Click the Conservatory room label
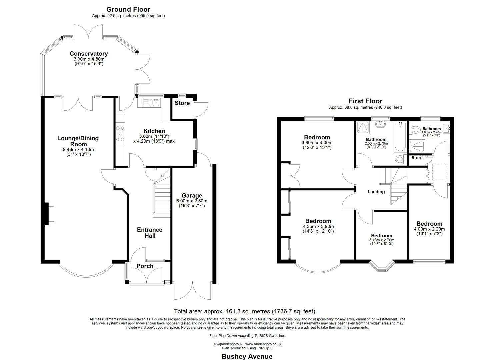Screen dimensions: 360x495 tap(88, 54)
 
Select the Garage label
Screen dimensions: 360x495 tap(192, 196)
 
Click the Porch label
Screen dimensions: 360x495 tap(145, 266)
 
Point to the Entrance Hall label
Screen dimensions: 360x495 tap(150, 233)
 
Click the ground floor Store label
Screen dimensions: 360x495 tap(182, 103)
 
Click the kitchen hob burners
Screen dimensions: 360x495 tap(120, 134)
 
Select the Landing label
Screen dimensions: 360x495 tap(376, 192)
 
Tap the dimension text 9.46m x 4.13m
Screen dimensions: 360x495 tap(78, 150)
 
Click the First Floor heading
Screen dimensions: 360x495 tap(365, 101)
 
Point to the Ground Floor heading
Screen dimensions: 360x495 tap(128, 10)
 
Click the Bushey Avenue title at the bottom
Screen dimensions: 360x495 tap(247, 356)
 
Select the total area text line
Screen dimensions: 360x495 tap(244, 311)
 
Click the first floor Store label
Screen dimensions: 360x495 tap(417, 158)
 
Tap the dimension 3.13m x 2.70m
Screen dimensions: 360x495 tap(382, 240)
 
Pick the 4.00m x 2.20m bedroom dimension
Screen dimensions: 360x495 tap(429, 229)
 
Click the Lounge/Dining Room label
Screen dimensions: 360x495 tap(78, 141)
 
